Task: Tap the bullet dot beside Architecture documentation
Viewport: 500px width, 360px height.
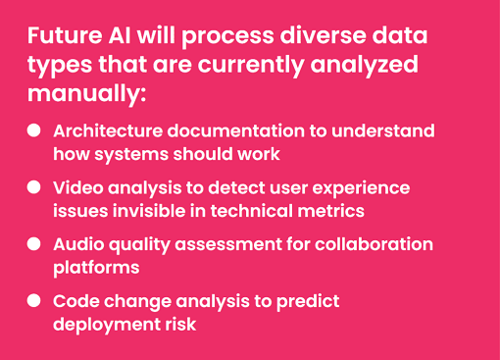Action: click(34, 129)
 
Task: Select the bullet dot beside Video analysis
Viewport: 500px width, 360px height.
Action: click(34, 185)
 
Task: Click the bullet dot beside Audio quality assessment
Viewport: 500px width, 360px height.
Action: click(34, 242)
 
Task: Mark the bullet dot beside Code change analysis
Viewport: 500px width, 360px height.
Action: click(34, 300)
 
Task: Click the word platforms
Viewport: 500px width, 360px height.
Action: click(96, 267)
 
